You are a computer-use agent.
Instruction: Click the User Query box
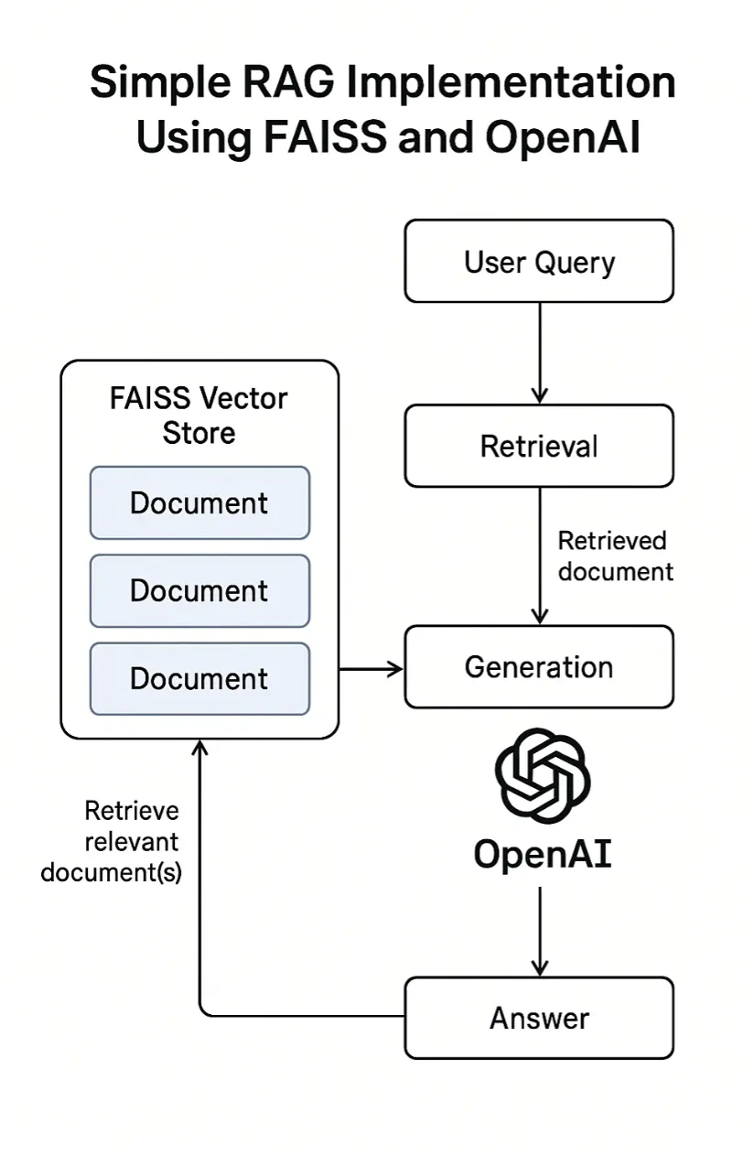tap(539, 262)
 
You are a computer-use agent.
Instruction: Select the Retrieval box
tap(539, 447)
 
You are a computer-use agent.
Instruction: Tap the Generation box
tap(539, 666)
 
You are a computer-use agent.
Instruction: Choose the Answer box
tap(539, 1018)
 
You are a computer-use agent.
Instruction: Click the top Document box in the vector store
tap(199, 502)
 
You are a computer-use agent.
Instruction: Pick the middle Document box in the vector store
tap(199, 590)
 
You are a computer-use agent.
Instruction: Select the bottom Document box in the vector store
tap(199, 678)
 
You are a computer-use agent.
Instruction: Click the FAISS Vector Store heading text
tap(199, 416)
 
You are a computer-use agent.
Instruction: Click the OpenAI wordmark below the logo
tap(542, 854)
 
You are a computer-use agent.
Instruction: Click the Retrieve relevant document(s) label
tap(112, 841)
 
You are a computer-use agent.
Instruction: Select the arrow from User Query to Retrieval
tap(540, 352)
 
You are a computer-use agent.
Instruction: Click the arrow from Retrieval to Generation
tap(540, 556)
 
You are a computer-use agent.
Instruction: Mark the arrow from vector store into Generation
tap(372, 669)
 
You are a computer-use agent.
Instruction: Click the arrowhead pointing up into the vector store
tap(200, 748)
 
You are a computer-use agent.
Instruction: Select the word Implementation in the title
tap(514, 85)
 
